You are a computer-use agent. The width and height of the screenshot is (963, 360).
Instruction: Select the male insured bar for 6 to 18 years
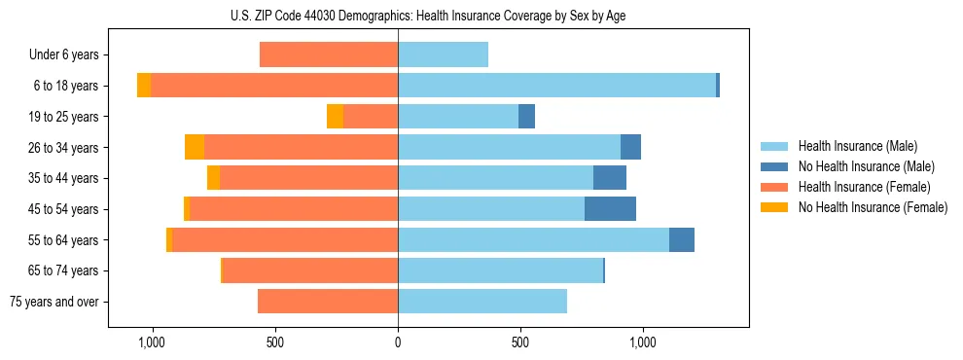556,86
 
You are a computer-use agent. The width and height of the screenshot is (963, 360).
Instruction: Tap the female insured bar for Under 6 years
329,54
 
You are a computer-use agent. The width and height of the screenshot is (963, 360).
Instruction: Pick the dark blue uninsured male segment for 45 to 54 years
610,209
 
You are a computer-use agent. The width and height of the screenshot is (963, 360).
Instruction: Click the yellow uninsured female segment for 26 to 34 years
195,147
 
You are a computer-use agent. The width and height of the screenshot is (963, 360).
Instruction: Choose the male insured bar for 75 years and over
482,302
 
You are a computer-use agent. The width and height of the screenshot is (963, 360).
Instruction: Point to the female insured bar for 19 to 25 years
371,117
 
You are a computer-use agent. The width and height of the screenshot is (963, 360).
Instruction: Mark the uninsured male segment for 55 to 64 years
682,239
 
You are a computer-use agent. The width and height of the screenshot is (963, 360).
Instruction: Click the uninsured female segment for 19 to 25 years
335,117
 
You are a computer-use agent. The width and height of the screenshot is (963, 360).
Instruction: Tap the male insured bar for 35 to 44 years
495,178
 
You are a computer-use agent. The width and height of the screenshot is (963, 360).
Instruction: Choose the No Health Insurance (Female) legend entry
873,207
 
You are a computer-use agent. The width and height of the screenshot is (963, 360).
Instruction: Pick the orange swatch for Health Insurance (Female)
774,187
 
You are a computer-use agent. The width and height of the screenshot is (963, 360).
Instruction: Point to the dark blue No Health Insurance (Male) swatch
774,166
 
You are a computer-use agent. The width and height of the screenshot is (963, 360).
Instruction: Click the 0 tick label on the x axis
398,342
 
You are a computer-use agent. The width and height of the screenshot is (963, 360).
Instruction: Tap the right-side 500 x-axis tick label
520,342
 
